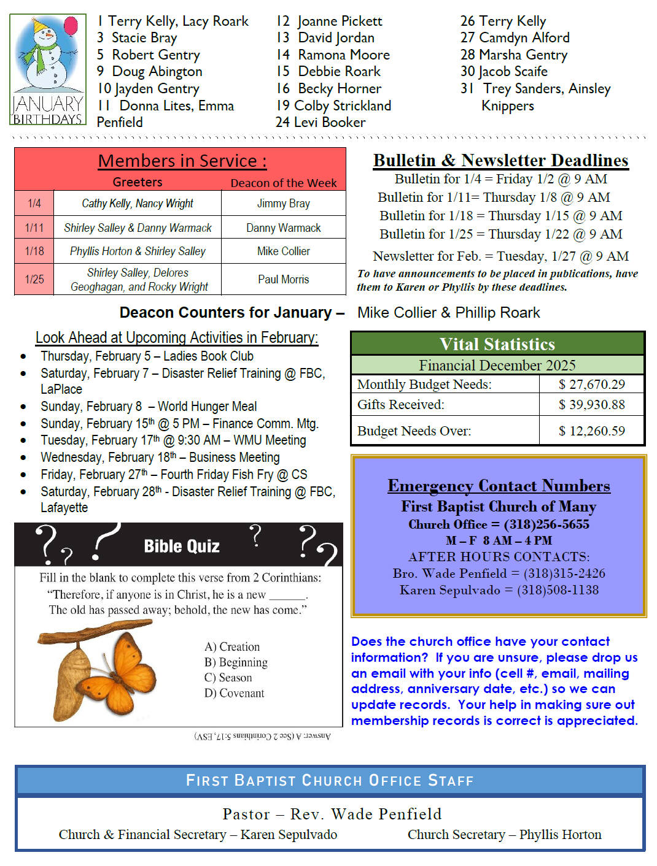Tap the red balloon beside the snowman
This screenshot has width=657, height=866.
click(71, 26)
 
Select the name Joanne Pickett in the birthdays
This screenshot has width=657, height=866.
click(340, 21)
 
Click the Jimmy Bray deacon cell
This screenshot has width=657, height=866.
click(283, 203)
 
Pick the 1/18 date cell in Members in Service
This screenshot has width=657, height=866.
click(34, 251)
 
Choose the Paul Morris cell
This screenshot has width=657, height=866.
click(283, 279)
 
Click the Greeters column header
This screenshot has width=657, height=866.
click(138, 182)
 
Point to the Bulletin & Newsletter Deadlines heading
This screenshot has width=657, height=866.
click(500, 161)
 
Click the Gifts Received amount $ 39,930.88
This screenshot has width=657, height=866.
click(591, 405)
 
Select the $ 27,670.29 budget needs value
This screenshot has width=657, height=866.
click(591, 385)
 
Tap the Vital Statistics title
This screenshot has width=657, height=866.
click(497, 344)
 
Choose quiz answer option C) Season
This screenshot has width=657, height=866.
click(228, 678)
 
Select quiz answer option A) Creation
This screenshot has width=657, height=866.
click(232, 647)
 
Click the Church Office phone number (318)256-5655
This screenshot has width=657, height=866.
click(546, 524)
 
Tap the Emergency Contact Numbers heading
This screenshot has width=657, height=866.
click(499, 486)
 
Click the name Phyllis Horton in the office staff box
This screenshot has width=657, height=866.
click(560, 835)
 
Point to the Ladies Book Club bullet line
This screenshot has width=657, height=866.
click(147, 356)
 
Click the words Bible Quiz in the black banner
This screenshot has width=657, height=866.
click(182, 546)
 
